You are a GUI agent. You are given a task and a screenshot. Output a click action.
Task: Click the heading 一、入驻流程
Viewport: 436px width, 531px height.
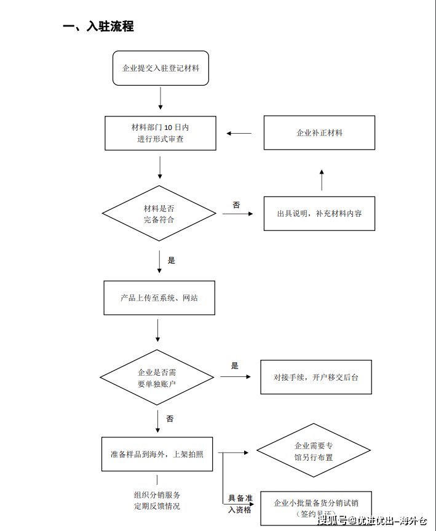[x=98, y=26]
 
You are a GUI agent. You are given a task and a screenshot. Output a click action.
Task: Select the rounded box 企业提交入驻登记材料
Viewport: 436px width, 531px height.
[x=161, y=68]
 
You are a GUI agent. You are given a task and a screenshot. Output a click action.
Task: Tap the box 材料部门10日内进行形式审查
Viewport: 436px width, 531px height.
[x=161, y=133]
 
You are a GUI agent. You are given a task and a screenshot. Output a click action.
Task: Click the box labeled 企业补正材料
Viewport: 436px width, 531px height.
[x=319, y=132]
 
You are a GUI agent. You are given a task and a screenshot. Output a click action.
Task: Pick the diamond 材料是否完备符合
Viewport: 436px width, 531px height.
[x=159, y=214]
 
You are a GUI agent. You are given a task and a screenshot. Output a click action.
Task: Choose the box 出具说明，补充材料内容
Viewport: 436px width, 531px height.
[x=319, y=214]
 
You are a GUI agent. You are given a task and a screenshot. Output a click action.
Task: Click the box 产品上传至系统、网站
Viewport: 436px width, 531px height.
[x=159, y=298]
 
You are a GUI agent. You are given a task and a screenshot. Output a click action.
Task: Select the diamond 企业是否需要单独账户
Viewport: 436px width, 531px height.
[x=157, y=378]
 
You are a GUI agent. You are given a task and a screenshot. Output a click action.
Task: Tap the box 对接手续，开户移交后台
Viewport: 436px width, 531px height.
[x=316, y=377]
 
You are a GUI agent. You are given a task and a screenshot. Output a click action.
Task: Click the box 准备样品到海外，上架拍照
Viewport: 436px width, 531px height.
[x=157, y=454]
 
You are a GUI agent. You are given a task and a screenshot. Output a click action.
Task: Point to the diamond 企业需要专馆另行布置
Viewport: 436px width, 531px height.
[x=314, y=452]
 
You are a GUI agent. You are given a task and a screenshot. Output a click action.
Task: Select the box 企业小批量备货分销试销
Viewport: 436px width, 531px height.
[x=316, y=507]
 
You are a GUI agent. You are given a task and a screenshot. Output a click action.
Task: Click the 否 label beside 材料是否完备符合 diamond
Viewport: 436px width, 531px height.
[x=236, y=205]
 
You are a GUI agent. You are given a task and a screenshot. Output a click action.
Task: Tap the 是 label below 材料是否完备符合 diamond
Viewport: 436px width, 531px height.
[x=171, y=261]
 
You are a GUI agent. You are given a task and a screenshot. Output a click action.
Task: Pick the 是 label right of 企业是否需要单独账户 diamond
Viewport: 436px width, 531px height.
[x=234, y=366]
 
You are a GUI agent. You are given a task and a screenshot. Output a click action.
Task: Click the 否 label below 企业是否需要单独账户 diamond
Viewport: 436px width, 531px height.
[x=170, y=419]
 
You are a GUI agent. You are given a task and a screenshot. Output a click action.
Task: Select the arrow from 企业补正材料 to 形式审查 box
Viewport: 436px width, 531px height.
[x=239, y=133]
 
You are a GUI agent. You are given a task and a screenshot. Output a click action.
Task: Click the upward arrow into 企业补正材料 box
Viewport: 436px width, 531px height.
[x=321, y=179]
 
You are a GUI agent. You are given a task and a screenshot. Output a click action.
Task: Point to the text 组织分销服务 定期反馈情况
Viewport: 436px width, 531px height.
[x=157, y=500]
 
